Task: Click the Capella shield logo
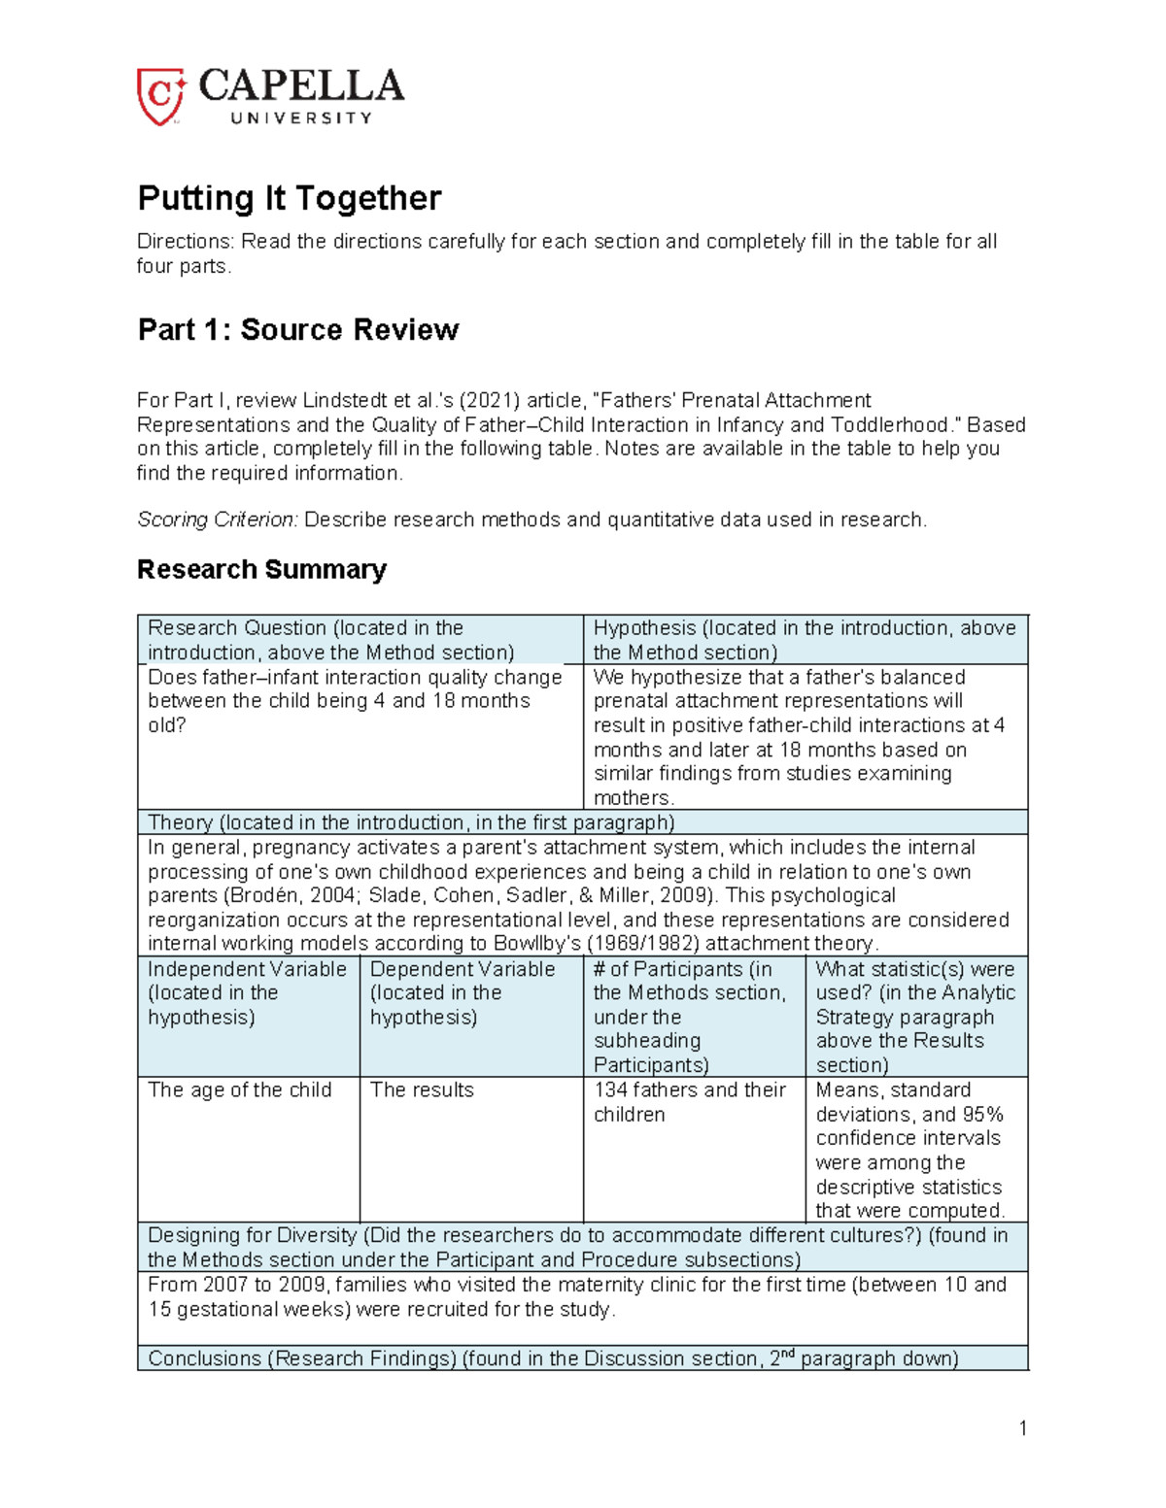[x=160, y=96]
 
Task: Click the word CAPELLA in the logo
[x=301, y=86]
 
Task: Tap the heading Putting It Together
[x=289, y=198]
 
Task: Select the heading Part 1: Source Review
[x=297, y=330]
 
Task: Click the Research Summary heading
[x=261, y=569]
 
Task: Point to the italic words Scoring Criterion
[x=217, y=519]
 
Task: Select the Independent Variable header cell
[x=248, y=1016]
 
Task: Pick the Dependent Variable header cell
[x=470, y=1016]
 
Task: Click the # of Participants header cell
[x=694, y=1016]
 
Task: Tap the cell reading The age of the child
[x=239, y=1090]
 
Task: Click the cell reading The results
[x=422, y=1090]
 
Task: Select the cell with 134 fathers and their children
[x=689, y=1102]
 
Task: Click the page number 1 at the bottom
[x=1022, y=1427]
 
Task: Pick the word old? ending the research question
[x=166, y=725]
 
